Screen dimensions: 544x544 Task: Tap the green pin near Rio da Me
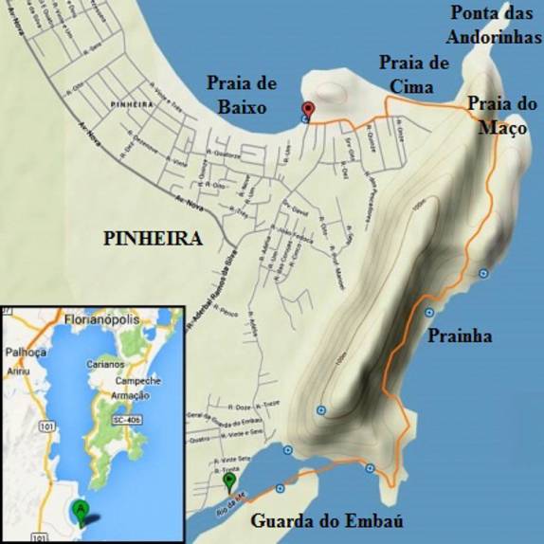click(228, 481)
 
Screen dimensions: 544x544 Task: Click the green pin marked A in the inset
click(82, 510)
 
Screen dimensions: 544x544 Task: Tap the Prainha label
click(460, 335)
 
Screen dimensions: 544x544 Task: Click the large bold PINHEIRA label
click(153, 240)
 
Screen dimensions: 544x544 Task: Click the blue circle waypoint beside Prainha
click(429, 313)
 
